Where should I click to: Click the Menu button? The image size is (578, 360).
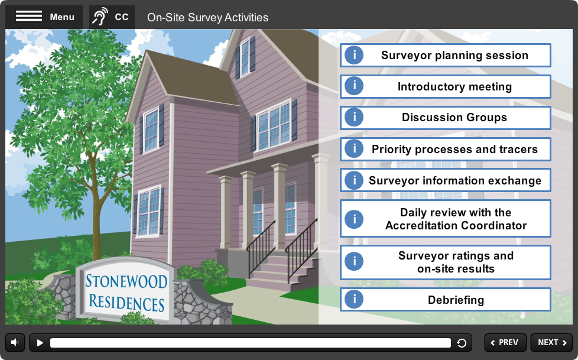[x=44, y=17]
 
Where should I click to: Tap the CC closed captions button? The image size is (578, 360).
[x=112, y=17]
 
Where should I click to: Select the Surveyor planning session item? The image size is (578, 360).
[x=445, y=56]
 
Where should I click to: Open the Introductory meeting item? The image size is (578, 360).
[x=445, y=86]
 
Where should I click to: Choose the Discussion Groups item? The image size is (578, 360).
[x=445, y=118]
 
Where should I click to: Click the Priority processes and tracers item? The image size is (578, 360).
[x=445, y=149]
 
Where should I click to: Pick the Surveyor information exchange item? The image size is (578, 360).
[x=445, y=180]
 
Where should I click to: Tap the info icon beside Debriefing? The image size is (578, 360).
[x=354, y=300]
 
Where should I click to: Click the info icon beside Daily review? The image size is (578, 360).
[x=354, y=219]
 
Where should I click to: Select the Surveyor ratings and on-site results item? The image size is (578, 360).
[x=445, y=262]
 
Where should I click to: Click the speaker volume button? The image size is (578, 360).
[x=15, y=343]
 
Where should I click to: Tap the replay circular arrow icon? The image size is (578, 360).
[x=462, y=343]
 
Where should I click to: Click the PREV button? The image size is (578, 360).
[x=505, y=343]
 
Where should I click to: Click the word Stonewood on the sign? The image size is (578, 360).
[x=126, y=281]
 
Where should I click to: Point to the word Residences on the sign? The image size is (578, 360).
[x=126, y=303]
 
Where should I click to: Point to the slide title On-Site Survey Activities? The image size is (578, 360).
[x=207, y=17]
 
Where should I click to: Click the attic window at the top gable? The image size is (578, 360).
[x=245, y=57]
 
